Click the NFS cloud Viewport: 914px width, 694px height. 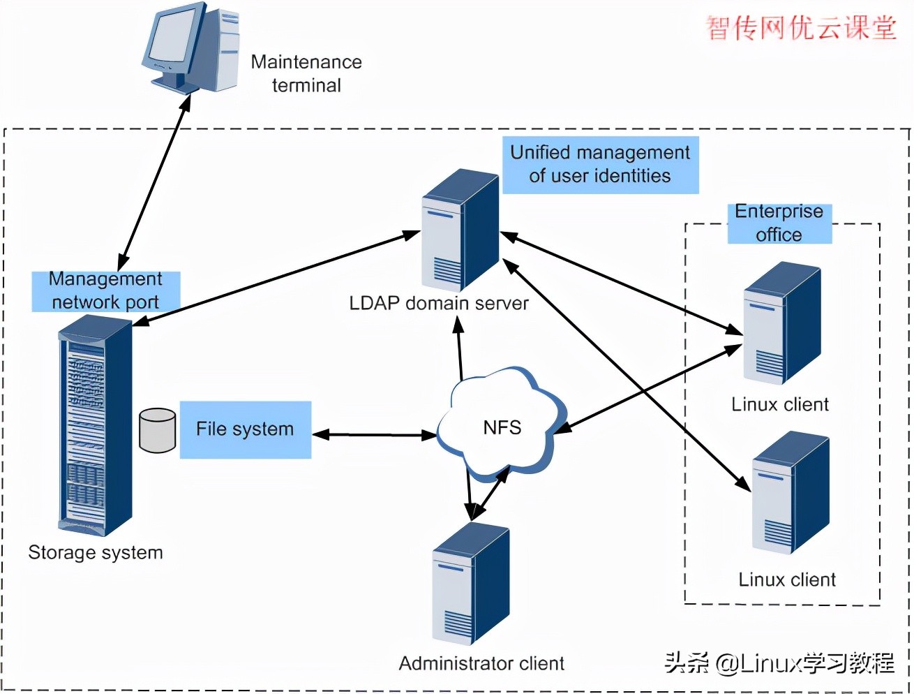[x=501, y=426]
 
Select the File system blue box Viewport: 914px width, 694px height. [x=245, y=429]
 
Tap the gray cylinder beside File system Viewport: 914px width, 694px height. [x=157, y=431]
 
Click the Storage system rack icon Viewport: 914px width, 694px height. [x=93, y=426]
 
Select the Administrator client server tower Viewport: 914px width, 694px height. [x=470, y=584]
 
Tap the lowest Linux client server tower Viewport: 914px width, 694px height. [x=790, y=493]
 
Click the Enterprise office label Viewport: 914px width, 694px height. [x=779, y=223]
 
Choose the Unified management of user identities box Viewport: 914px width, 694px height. [x=600, y=165]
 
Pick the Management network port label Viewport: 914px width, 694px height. [x=105, y=290]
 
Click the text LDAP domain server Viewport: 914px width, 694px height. [x=438, y=304]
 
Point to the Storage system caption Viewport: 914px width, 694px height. [x=96, y=552]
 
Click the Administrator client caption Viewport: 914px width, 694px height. [x=481, y=663]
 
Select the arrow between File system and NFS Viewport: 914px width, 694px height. [x=374, y=435]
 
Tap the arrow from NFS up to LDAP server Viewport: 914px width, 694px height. [x=460, y=349]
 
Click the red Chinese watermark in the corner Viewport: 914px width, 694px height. [x=801, y=28]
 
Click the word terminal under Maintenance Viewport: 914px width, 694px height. [x=306, y=85]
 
